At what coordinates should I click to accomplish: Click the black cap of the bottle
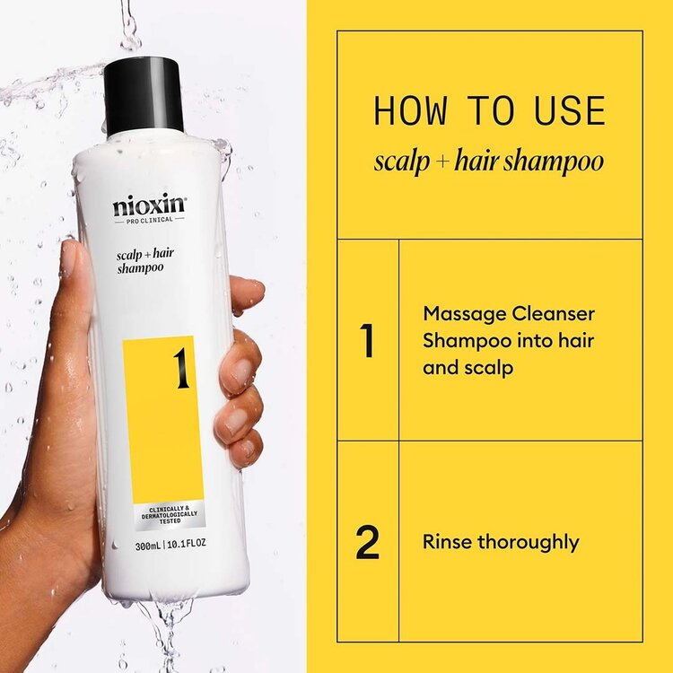pyautogui.click(x=144, y=94)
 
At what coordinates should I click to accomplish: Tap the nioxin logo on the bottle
pyautogui.click(x=149, y=206)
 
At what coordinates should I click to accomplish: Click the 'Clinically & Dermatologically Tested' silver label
pyautogui.click(x=162, y=516)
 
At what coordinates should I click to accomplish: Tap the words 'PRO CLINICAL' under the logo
pyautogui.click(x=149, y=221)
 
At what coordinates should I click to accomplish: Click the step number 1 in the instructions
pyautogui.click(x=366, y=341)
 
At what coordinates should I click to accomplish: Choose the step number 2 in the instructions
pyautogui.click(x=367, y=543)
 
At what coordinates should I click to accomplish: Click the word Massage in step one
pyautogui.click(x=459, y=314)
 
